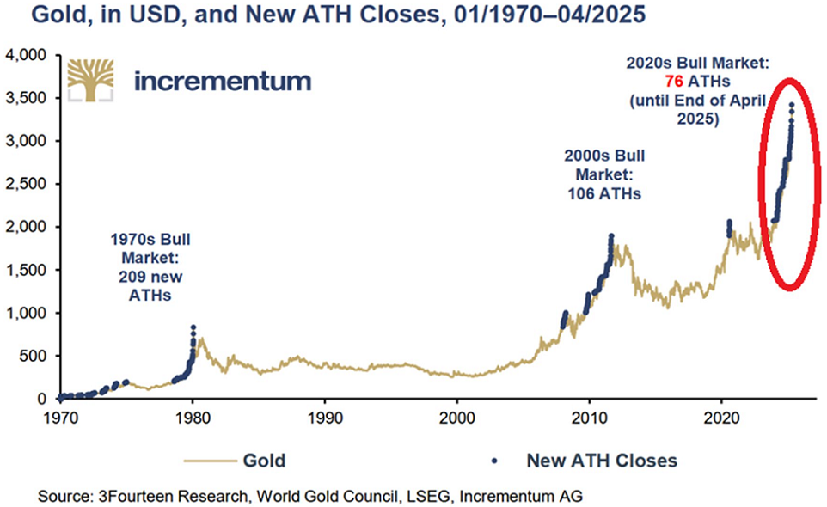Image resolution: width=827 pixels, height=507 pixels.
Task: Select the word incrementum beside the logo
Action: click(x=223, y=81)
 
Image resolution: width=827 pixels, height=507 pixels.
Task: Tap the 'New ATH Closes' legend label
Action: click(x=601, y=461)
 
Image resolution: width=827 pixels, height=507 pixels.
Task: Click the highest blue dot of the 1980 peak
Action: click(x=193, y=327)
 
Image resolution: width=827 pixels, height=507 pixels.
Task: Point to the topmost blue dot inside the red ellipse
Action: click(x=792, y=105)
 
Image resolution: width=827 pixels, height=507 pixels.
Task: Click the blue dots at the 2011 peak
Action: click(x=611, y=237)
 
